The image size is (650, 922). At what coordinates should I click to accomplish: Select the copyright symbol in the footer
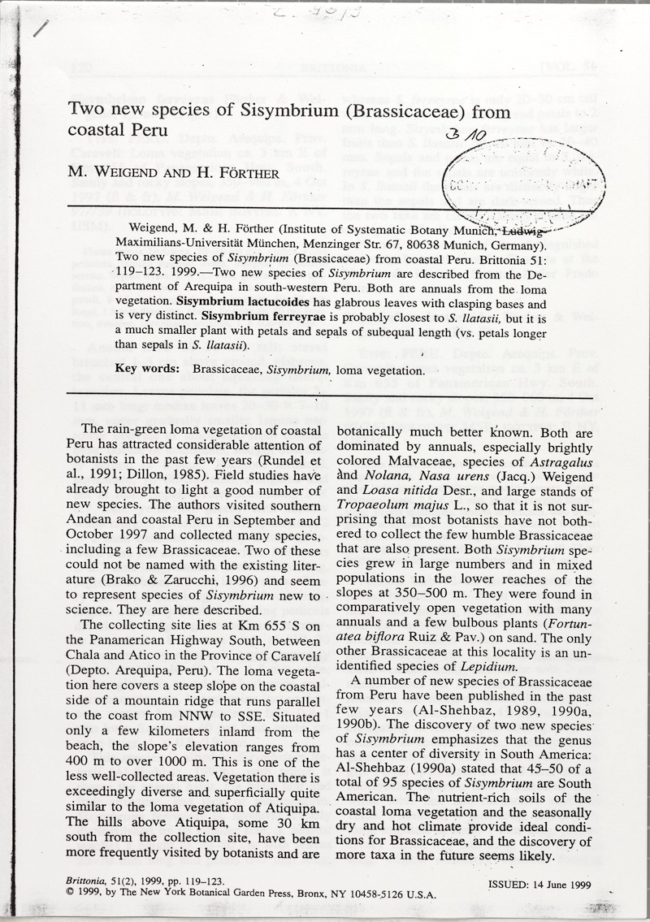[70, 892]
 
